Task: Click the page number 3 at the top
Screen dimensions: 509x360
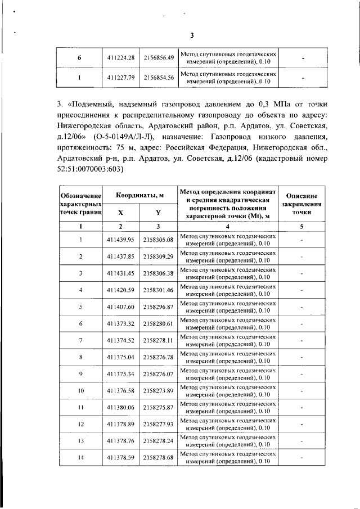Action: coord(192,35)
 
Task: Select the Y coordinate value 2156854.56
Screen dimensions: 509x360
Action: coord(158,78)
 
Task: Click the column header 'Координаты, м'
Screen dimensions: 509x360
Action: coord(140,195)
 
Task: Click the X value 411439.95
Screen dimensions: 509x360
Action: coord(122,240)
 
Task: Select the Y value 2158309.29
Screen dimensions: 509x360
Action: coord(158,256)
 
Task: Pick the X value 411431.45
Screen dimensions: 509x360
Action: coord(122,273)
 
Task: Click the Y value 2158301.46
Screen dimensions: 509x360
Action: coord(158,290)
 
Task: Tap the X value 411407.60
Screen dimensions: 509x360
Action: coord(122,307)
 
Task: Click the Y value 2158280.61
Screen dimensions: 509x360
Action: coord(158,323)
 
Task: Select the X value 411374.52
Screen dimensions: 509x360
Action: coord(122,340)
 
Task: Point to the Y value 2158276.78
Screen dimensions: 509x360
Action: coord(158,357)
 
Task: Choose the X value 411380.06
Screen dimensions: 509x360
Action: coord(122,407)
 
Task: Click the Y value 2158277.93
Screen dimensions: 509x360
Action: coord(158,424)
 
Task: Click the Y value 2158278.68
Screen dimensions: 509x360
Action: coord(158,457)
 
